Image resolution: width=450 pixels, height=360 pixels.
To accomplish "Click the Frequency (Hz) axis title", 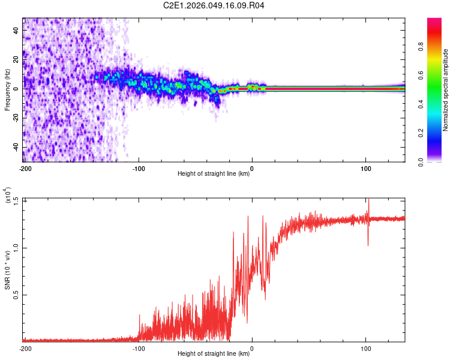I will pyautogui.click(x=7, y=90).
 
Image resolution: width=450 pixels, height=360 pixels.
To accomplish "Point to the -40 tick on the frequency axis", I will pyautogui.click(x=14, y=148).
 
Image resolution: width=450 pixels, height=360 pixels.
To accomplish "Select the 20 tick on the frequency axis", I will pyautogui.click(x=16, y=59).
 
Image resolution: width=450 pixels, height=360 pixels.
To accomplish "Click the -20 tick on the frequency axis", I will pyautogui.click(x=14, y=118).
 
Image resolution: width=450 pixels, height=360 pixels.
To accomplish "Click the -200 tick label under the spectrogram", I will pyautogui.click(x=25, y=169).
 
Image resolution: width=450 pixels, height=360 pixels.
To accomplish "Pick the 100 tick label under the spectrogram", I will pyautogui.click(x=366, y=169).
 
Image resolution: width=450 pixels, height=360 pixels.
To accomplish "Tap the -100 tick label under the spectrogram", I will pyautogui.click(x=139, y=169).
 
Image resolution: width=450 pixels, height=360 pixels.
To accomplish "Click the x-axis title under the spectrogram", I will pyautogui.click(x=214, y=174).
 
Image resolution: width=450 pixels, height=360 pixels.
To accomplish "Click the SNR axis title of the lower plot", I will pyautogui.click(x=7, y=270).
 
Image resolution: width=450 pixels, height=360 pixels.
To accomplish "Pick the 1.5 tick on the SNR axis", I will pyautogui.click(x=16, y=200).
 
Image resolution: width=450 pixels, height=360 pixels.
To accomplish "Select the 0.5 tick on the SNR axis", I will pyautogui.click(x=16, y=295).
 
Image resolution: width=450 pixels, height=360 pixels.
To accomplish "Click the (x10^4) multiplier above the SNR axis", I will pyautogui.click(x=7, y=196).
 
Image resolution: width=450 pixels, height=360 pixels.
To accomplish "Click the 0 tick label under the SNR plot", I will pyautogui.click(x=252, y=348).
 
